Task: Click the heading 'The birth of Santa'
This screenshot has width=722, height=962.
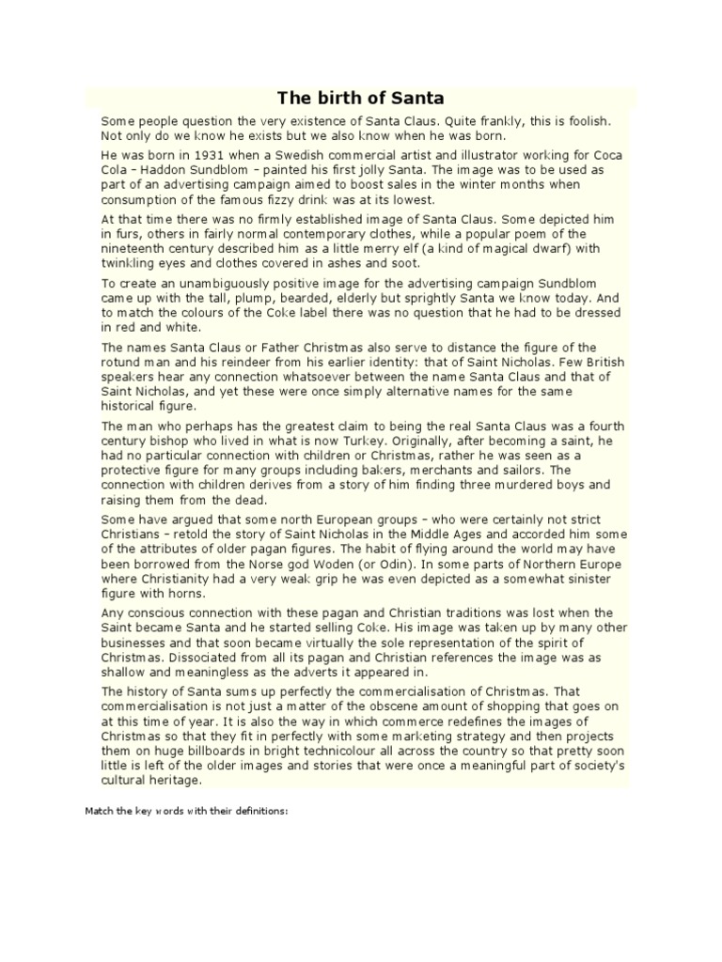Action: coord(360,98)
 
